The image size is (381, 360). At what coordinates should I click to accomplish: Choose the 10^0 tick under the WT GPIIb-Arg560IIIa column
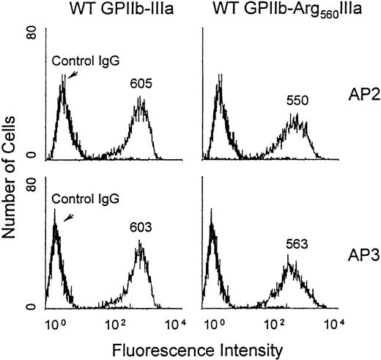[212, 323]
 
